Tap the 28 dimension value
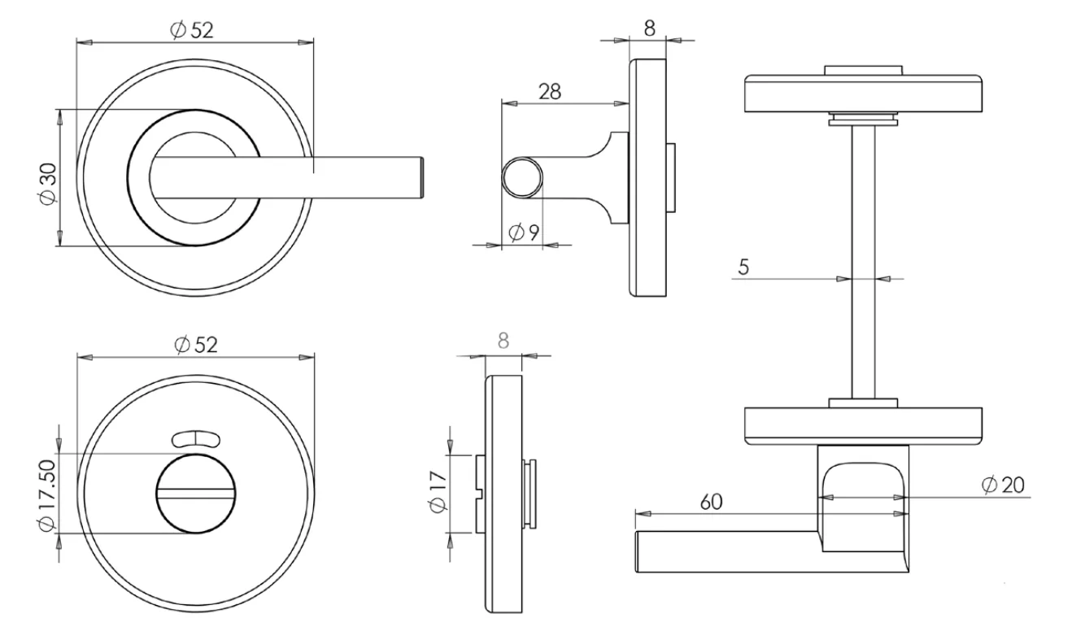click(x=550, y=91)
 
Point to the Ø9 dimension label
click(x=524, y=233)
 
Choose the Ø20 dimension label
click(x=1003, y=485)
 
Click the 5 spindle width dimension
click(x=743, y=266)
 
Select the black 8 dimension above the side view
click(x=649, y=28)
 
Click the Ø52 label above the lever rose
click(x=192, y=29)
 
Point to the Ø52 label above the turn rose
click(x=195, y=344)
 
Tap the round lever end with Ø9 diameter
click(x=521, y=179)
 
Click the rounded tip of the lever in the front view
click(x=421, y=178)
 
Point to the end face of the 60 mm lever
click(x=637, y=552)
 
